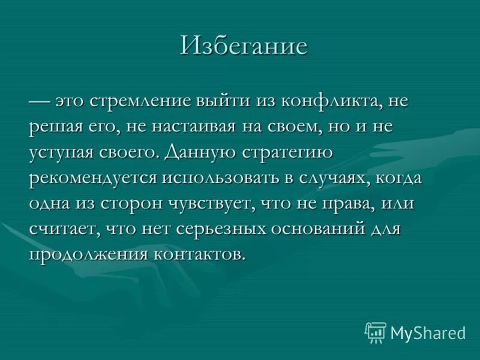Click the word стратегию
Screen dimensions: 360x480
(287, 152)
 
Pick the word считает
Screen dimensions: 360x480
(64, 229)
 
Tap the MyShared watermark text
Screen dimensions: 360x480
(428, 332)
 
